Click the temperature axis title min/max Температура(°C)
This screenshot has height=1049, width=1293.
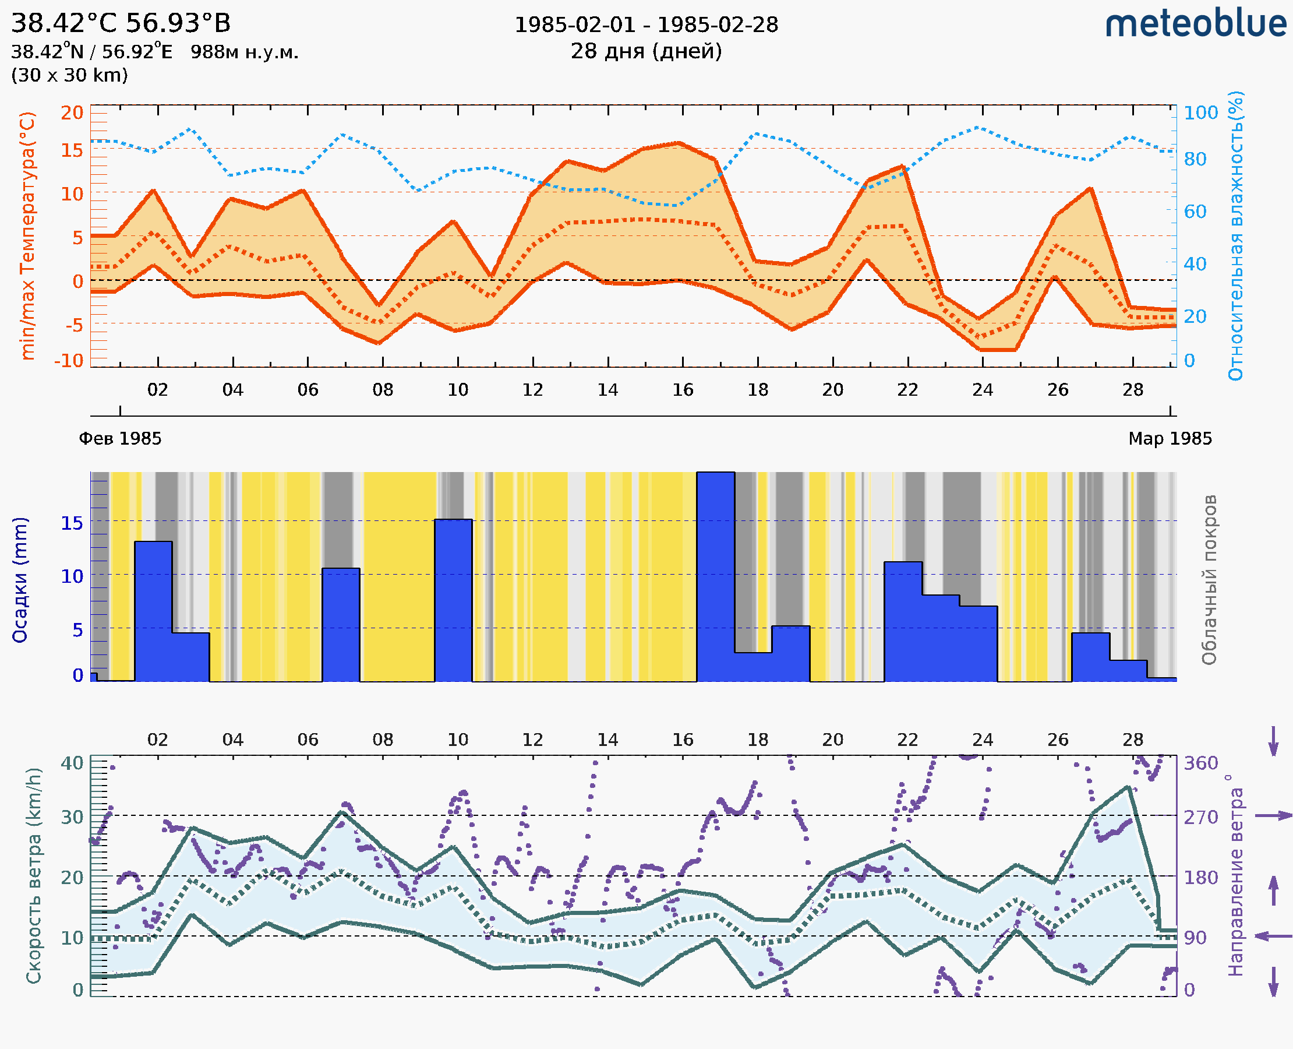pos(28,235)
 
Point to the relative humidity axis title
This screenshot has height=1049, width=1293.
pos(1235,235)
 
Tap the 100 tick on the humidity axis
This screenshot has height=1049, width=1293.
pos(1200,113)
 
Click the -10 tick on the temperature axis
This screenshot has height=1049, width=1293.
pos(69,361)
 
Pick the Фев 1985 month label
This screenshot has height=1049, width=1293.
pos(120,439)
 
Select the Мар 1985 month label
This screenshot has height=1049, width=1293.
pos(1170,439)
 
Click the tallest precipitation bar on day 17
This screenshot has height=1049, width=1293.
pos(716,577)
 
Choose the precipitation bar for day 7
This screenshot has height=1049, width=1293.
pos(341,625)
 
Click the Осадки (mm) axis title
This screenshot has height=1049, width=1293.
pos(20,580)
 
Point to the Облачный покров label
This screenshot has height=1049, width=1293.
pos(1209,580)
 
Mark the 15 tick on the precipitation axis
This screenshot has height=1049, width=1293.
pos(72,523)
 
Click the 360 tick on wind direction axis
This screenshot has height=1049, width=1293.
pos(1200,763)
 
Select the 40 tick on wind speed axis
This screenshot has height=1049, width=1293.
pos(72,763)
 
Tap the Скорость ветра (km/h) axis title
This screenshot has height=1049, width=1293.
pos(34,875)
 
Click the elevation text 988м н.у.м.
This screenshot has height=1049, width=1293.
pos(245,52)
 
